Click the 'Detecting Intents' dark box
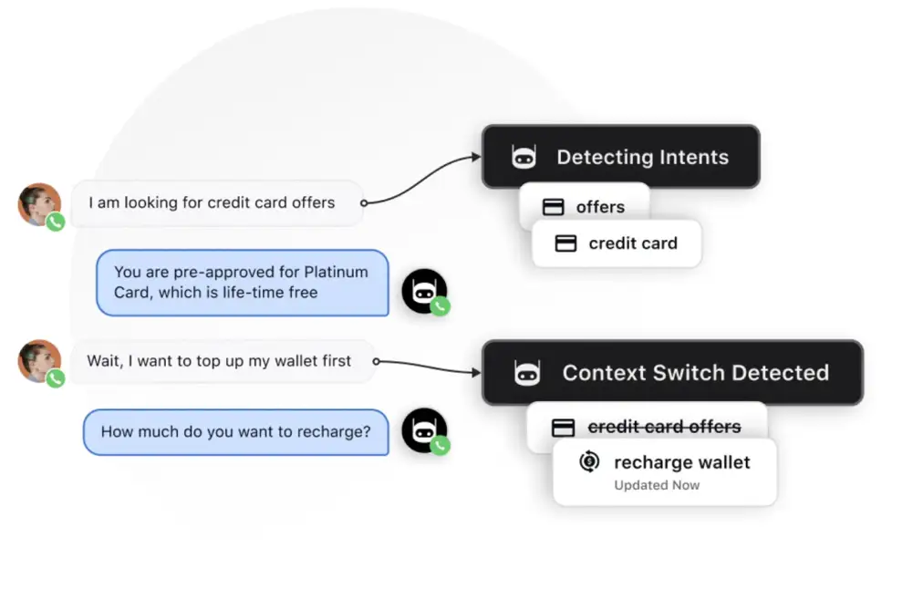(620, 157)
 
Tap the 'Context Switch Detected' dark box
(672, 372)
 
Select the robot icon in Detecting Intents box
(524, 157)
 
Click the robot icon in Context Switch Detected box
(527, 372)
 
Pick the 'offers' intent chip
(585, 207)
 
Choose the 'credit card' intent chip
(617, 243)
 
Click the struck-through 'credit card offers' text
(664, 426)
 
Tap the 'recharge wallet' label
(681, 462)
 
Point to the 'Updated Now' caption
(657, 485)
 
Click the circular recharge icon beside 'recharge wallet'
(589, 462)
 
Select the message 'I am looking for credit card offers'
(212, 202)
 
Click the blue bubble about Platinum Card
(242, 283)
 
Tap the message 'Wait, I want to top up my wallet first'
(219, 361)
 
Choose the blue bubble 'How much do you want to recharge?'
(235, 432)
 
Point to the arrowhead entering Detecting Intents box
(475, 157)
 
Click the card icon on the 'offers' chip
(553, 207)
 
